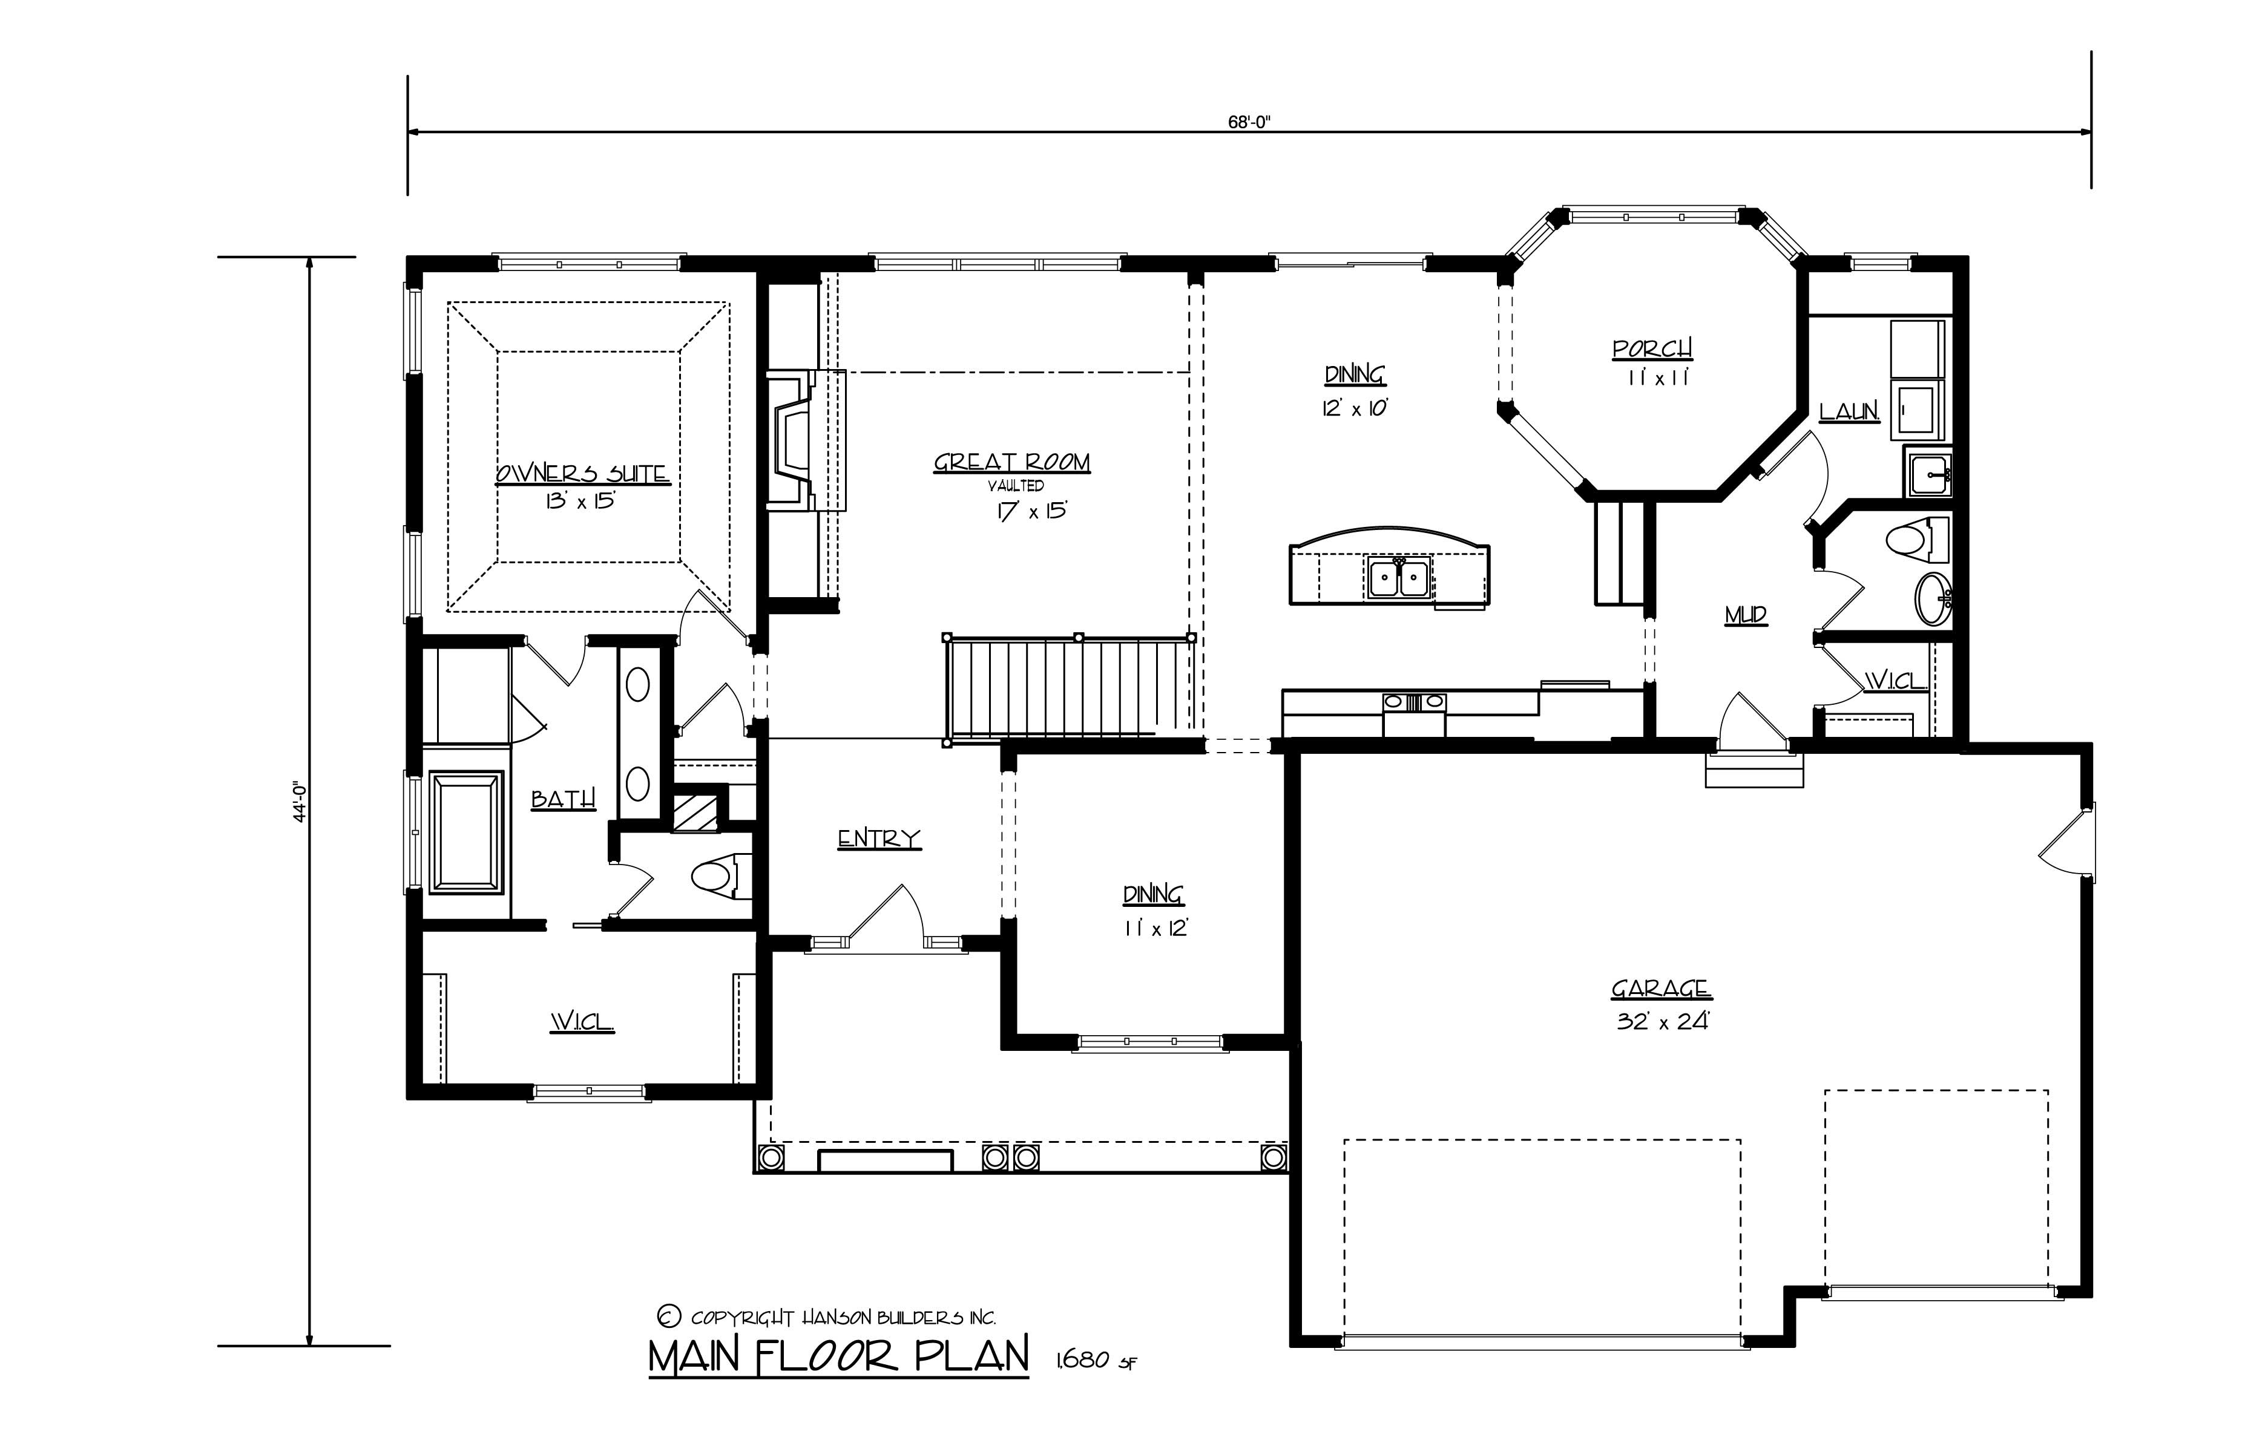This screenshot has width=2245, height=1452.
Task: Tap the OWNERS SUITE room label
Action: (x=582, y=473)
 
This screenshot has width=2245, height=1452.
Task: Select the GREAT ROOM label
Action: (x=1011, y=462)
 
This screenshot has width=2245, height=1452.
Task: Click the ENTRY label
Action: (x=878, y=838)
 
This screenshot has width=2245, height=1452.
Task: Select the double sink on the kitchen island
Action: (x=1399, y=578)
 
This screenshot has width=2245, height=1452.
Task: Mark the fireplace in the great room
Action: (x=792, y=439)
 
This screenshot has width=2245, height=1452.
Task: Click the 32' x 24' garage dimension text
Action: (x=1662, y=1021)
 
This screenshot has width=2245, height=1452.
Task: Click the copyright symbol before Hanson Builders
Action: (x=667, y=1316)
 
